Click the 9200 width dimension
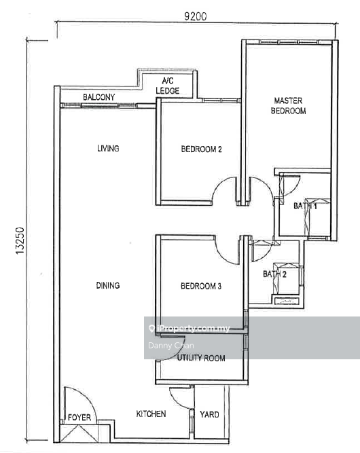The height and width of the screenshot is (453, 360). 196,16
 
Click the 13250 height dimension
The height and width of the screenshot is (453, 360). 20,240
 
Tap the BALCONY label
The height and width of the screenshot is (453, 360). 98,97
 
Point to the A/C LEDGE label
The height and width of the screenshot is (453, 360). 168,86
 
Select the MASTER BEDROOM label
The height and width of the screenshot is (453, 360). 289,106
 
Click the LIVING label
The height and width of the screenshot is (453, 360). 108,149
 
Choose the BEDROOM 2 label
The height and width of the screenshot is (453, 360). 201,149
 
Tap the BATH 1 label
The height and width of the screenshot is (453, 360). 305,206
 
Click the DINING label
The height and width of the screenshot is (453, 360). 108,285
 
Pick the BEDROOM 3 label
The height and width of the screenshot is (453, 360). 201,286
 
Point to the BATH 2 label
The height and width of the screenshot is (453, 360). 274,274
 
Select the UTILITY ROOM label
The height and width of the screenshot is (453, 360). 201,358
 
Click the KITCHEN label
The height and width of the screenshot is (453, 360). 151,414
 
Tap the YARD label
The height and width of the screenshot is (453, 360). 209,414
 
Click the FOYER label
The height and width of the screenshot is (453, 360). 79,418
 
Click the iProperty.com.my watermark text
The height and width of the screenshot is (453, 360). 193,328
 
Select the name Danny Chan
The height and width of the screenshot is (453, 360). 171,346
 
